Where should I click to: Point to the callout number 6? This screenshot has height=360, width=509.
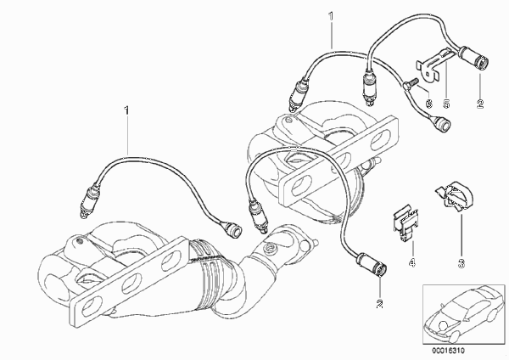point(428,104)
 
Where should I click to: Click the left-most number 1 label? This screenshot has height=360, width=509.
point(128,110)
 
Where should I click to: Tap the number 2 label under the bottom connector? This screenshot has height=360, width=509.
point(380,303)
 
